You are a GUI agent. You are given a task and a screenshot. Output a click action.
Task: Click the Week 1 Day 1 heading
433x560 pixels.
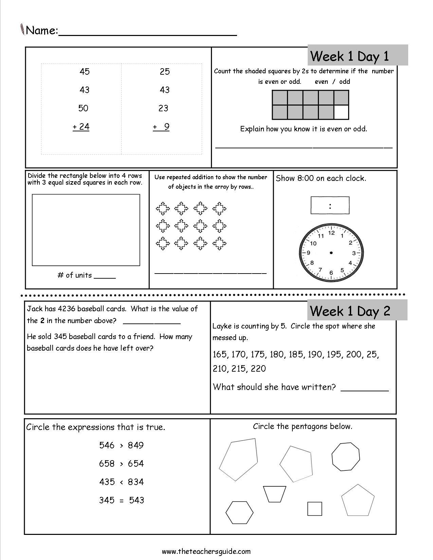pos(349,56)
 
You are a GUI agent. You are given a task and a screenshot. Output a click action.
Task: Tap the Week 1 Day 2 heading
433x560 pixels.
pos(350,311)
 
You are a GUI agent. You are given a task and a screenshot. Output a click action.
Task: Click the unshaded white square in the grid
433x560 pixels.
pos(341,112)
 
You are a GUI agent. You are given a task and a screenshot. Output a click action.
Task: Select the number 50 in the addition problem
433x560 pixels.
pos(83,108)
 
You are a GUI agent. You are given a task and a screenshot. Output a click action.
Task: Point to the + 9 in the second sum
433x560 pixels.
pos(161,127)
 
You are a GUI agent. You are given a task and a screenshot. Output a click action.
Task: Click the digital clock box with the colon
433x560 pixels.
pos(330,205)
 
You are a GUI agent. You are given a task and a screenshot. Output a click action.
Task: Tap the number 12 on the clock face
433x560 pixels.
pos(331,233)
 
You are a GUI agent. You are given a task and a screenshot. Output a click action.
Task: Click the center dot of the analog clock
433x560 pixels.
pos(331,253)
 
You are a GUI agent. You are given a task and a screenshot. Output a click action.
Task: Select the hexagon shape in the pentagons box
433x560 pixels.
pos(239,512)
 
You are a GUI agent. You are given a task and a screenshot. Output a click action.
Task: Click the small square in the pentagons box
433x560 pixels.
pos(314,509)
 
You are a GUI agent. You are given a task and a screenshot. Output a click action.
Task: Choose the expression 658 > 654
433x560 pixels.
pos(121,464)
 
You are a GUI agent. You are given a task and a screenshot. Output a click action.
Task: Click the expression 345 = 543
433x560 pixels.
pos(121,500)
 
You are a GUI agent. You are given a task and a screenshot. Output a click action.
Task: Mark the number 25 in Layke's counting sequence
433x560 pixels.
pos(372,355)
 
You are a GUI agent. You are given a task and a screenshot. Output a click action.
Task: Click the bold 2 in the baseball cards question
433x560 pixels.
pos(42,321)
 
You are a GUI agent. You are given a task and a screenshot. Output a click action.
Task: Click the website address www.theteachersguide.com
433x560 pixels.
pos(206,551)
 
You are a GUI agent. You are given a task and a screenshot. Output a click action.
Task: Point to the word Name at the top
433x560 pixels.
pos(41,31)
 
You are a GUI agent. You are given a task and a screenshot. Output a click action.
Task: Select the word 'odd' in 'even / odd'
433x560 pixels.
pos(344,81)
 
